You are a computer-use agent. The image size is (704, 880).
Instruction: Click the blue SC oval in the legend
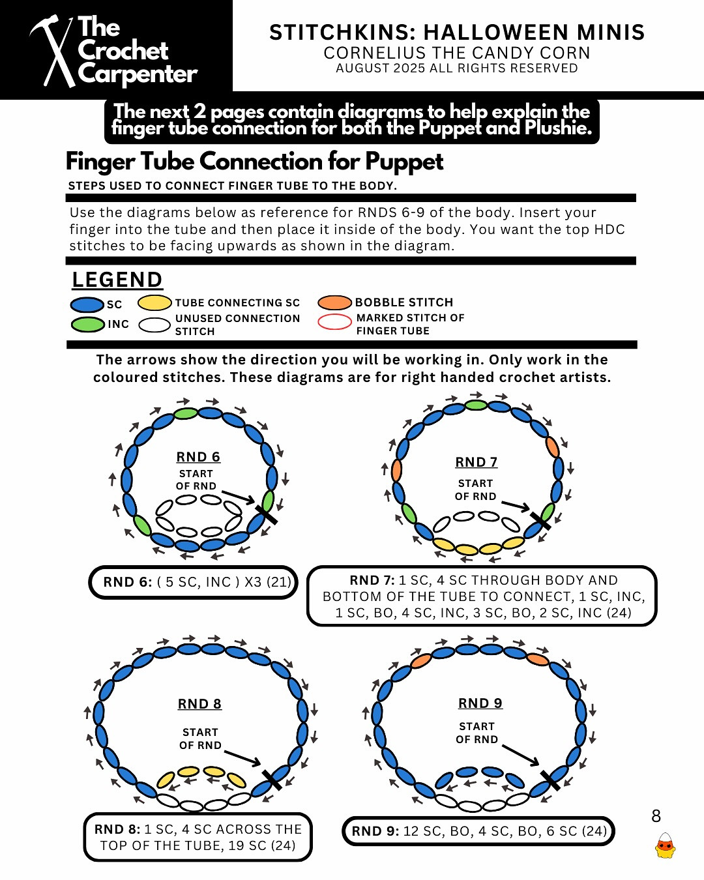click(87, 304)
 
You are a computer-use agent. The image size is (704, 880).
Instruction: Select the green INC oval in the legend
click(87, 324)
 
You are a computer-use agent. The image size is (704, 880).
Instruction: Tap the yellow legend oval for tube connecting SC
click(154, 302)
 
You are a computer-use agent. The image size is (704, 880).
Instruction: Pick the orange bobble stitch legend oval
click(334, 302)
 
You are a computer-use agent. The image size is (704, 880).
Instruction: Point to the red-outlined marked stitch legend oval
click(334, 322)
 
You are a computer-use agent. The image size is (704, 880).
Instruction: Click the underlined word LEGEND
click(117, 280)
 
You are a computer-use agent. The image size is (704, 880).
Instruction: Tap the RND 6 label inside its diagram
click(198, 457)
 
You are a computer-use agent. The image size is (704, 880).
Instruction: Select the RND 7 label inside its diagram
click(476, 462)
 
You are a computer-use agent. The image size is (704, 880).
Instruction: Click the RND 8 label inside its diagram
click(199, 704)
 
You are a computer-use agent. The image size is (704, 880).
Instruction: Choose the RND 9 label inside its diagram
click(480, 703)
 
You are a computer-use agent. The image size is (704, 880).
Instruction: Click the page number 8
click(656, 816)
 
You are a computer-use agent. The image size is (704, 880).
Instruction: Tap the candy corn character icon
click(665, 845)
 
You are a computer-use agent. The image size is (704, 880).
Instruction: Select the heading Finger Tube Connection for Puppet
click(254, 161)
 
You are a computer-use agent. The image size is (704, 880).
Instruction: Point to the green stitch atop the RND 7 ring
click(476, 405)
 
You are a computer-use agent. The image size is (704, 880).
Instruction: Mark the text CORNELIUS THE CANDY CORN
click(457, 53)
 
